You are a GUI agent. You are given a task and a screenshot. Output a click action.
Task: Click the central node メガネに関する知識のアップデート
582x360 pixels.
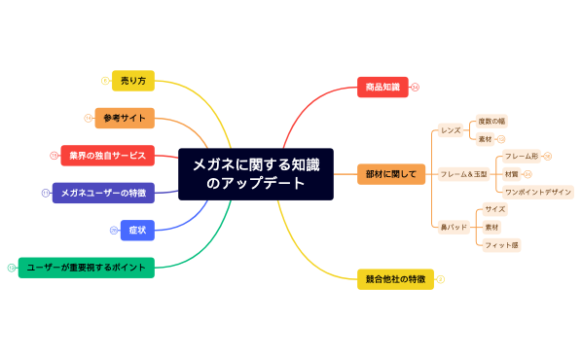click(x=256, y=174)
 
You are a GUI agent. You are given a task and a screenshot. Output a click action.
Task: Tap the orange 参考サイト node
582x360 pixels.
click(x=126, y=118)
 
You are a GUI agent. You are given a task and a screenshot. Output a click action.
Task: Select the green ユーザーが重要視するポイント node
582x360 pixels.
click(x=87, y=268)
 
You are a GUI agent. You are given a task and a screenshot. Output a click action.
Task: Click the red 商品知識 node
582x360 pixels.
click(x=382, y=87)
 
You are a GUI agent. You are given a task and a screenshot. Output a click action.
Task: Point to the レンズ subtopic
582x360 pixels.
click(x=451, y=129)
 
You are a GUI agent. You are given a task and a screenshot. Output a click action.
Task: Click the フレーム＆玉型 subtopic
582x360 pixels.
click(x=462, y=174)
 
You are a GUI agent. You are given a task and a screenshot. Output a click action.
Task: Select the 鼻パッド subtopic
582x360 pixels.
click(x=454, y=227)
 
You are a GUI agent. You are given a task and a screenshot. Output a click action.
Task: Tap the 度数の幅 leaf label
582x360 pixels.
click(x=491, y=121)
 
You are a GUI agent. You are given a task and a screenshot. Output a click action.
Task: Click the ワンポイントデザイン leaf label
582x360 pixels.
click(x=537, y=192)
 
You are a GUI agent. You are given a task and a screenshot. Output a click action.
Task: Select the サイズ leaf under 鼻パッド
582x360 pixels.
click(x=494, y=209)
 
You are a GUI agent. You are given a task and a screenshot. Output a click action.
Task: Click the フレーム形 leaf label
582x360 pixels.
click(x=522, y=156)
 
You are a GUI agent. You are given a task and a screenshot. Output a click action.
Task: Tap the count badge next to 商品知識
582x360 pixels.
click(x=416, y=87)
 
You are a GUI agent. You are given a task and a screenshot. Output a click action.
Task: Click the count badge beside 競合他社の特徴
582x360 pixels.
click(x=440, y=279)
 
